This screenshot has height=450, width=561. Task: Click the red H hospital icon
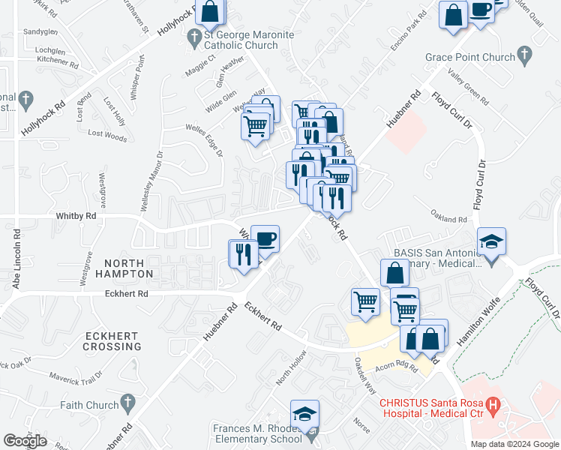point(493,407)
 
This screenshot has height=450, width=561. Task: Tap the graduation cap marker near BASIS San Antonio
point(492,242)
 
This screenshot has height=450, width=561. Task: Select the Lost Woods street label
point(107,135)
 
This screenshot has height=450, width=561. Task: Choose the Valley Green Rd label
point(467,88)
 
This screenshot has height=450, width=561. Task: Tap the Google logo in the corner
point(25,440)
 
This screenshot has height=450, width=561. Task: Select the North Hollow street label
point(292,367)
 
